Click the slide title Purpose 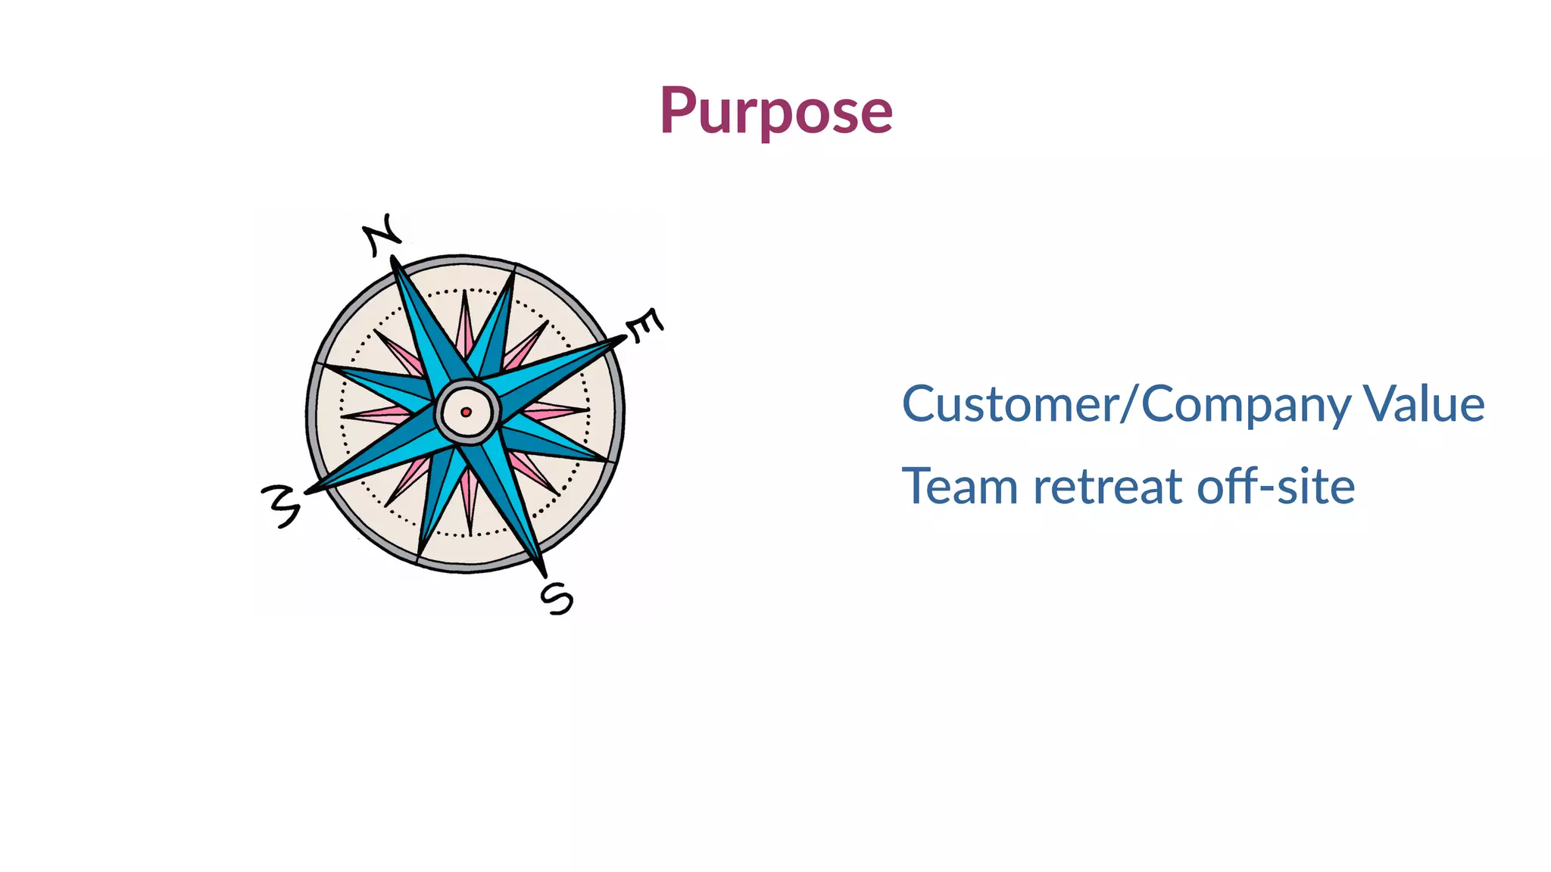pyautogui.click(x=775, y=112)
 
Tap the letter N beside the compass pyautogui.click(x=382, y=235)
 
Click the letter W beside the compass pyautogui.click(x=281, y=505)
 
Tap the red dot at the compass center pyautogui.click(x=466, y=412)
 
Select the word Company pyautogui.click(x=1246, y=406)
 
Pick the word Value pyautogui.click(x=1424, y=404)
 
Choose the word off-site pyautogui.click(x=1276, y=486)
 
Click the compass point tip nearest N pyautogui.click(x=394, y=260)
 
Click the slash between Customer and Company pyautogui.click(x=1130, y=404)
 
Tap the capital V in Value pyautogui.click(x=1379, y=404)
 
